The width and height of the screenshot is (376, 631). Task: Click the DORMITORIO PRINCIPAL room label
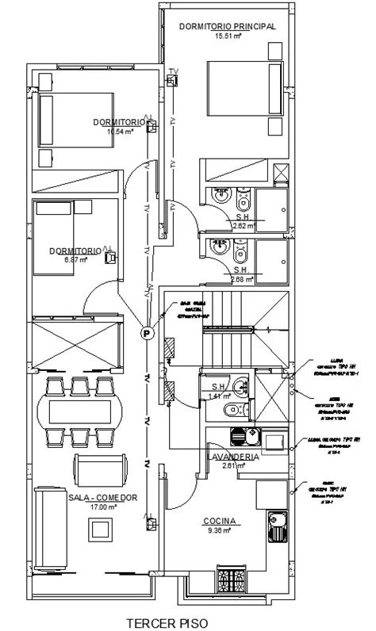click(227, 26)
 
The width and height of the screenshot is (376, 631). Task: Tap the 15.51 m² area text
click(227, 36)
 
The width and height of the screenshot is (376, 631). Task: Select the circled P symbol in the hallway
click(147, 334)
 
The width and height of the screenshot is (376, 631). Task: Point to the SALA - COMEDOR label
click(104, 497)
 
